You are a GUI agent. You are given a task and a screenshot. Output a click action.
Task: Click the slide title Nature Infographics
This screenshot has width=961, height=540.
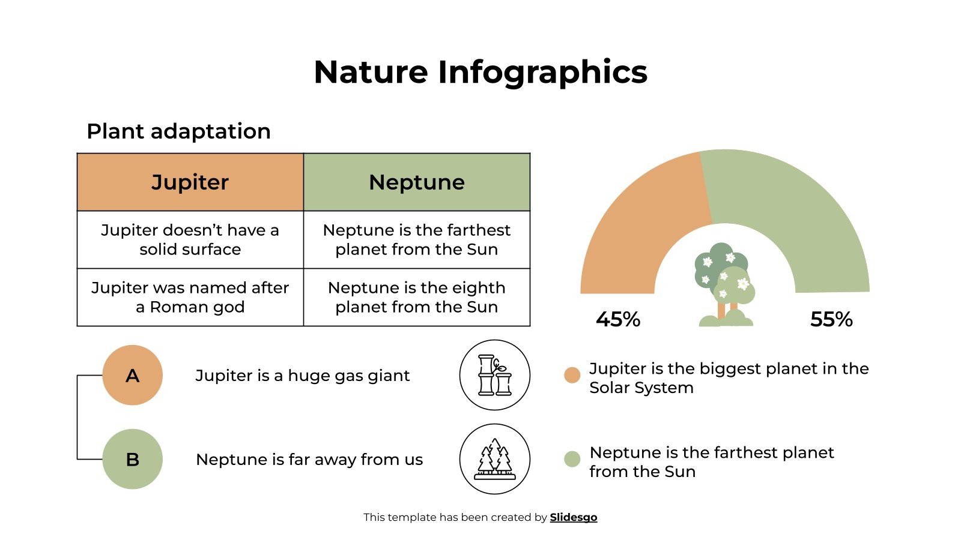pos(480,72)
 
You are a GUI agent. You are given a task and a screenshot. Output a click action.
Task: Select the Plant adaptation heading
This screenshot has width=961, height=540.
pos(178,131)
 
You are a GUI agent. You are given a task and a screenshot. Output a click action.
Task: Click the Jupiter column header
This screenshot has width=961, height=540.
pos(190,182)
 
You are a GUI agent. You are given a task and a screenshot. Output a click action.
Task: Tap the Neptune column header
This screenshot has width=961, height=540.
pos(416,182)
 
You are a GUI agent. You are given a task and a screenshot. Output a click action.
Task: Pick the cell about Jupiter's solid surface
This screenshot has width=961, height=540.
pos(190,239)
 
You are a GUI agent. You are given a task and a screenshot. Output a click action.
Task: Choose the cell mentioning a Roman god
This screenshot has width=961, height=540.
pos(190,297)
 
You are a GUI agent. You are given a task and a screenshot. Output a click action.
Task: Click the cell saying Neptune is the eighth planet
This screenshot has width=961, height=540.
pos(416,297)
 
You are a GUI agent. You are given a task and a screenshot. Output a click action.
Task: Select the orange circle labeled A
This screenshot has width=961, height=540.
pos(132,375)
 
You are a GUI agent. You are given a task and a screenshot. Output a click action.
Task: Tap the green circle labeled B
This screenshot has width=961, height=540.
pos(132,459)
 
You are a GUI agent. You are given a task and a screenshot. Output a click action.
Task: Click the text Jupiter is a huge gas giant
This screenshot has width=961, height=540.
pos(302,376)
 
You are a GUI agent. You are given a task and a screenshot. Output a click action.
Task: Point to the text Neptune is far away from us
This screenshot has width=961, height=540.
pos(309,460)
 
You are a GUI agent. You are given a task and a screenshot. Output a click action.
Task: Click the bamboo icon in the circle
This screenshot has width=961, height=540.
pos(494,375)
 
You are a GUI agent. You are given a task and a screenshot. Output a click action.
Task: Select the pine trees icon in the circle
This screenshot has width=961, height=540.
pos(494,459)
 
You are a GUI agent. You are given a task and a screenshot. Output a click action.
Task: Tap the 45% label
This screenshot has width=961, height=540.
pos(617,319)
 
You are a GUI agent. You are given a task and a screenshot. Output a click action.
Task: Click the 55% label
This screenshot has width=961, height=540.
pos(831,319)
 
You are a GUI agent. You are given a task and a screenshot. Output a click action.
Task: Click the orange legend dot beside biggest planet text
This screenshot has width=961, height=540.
pos(572,375)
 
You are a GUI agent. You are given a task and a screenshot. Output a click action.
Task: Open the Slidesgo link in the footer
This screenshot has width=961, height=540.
pos(573,517)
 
